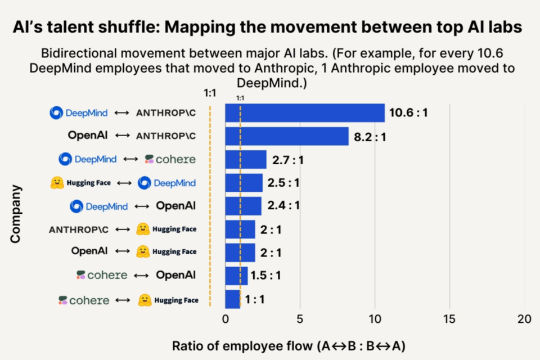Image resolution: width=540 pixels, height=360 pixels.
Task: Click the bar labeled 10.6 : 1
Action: [304, 113]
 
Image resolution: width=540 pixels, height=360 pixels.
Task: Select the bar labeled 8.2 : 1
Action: [286, 137]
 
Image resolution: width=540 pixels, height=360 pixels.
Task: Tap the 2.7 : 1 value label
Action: [287, 160]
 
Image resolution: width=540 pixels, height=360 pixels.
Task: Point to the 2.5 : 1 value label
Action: [283, 183]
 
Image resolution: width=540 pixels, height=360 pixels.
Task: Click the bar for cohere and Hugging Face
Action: [232, 299]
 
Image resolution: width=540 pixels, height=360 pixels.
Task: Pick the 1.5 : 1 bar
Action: [236, 276]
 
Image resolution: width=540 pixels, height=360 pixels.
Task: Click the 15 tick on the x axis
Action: [449, 319]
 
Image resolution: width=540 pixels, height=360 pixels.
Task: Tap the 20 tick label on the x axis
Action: [524, 319]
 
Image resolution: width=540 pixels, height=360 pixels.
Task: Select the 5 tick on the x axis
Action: [300, 319]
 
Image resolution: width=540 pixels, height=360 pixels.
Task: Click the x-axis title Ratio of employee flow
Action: [289, 345]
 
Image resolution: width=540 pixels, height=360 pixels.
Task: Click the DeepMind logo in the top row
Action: [56, 112]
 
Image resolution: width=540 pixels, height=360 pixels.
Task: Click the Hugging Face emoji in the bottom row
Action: [145, 300]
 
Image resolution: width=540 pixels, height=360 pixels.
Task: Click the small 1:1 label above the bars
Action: [240, 98]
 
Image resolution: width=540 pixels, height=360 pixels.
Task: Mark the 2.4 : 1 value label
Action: [283, 206]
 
